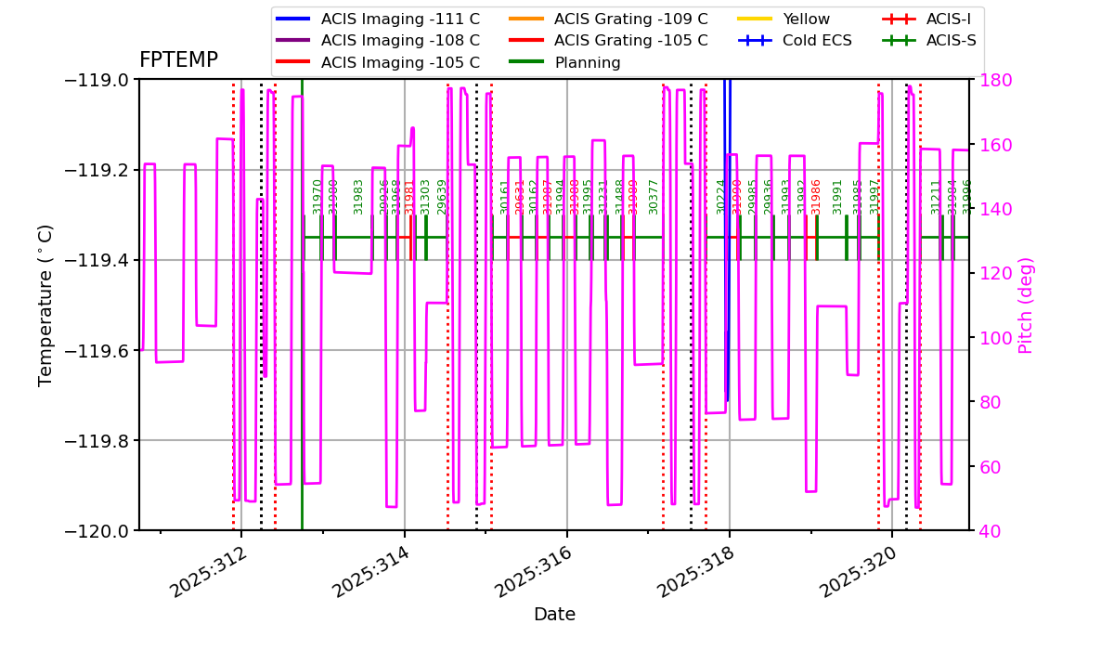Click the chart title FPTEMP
[178, 60]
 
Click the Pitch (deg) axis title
[1026, 305]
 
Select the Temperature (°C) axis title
[45, 305]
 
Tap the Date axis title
[554, 615]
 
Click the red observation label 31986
[816, 197]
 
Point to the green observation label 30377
[654, 197]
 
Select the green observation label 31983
[358, 197]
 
